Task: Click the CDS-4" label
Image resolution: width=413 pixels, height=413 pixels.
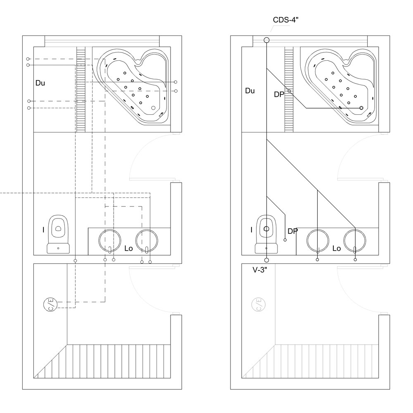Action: pos(285,20)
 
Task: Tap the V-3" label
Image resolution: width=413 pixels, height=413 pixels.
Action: pos(260,270)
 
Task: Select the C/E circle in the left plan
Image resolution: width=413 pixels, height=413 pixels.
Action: pos(50,304)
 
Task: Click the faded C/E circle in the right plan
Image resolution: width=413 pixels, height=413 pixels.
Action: pos(259,304)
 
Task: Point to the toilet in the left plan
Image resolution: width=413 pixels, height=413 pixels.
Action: pos(58,234)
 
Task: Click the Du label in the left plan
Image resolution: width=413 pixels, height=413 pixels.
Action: pos(40,83)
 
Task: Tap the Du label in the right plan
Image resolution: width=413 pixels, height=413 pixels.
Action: pos(250,91)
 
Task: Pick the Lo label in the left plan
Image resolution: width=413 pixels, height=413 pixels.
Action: pos(128,248)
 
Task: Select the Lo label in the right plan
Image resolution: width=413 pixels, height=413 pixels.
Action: pos(337,248)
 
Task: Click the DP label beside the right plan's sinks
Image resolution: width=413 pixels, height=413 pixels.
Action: pos(293,231)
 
